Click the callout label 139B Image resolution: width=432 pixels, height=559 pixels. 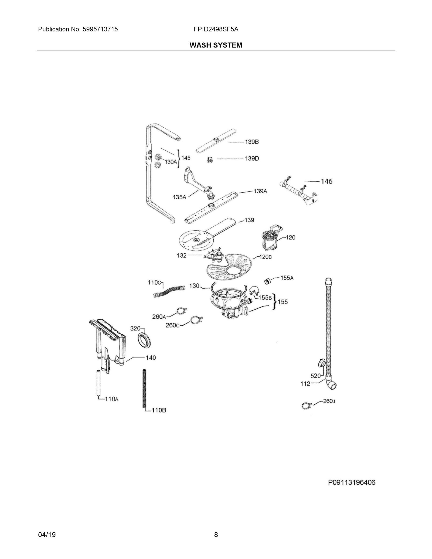click(x=252, y=142)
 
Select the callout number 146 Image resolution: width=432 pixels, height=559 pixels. click(x=327, y=181)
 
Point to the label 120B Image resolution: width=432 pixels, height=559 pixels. click(x=265, y=257)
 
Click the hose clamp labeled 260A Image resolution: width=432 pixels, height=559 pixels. click(x=181, y=312)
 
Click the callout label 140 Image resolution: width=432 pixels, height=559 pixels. click(x=151, y=358)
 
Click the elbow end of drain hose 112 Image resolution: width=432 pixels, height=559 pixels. click(x=331, y=385)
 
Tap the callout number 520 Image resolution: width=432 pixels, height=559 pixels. click(x=315, y=376)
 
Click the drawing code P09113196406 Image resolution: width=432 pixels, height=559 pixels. click(x=352, y=482)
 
